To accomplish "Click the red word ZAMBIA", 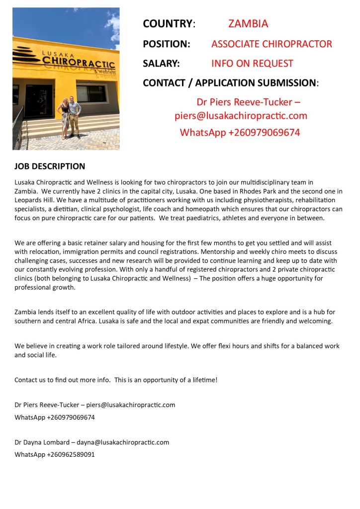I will tap(248, 23).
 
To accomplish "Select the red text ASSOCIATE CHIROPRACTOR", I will tap(271, 44).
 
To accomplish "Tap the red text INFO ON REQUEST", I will tap(252, 64).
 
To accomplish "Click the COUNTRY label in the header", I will tap(167, 23).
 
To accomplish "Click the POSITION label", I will tap(166, 44).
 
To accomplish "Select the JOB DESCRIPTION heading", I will tap(50, 166).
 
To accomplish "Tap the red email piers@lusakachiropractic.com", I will tap(241, 116).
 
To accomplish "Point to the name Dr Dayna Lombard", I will tap(42, 442).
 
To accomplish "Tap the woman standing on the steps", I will tap(65, 118).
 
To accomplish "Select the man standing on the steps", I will tap(74, 116).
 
